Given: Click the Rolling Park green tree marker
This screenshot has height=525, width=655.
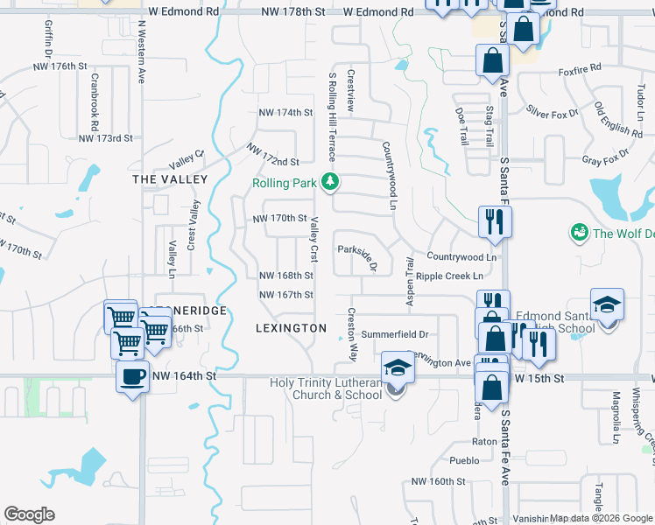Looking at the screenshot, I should pyautogui.click(x=330, y=182).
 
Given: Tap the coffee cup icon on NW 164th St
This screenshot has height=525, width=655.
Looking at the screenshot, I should pyautogui.click(x=133, y=377).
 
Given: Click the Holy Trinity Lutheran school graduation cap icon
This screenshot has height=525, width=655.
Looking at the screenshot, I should pyautogui.click(x=397, y=367).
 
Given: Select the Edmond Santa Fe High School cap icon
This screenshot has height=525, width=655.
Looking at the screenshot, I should pyautogui.click(x=607, y=304).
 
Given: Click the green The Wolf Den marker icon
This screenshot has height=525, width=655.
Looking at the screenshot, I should pyautogui.click(x=579, y=232).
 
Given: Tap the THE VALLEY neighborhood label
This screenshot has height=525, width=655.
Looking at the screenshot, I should pyautogui.click(x=170, y=178).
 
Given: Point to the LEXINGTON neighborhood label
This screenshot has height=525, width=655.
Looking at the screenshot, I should pyautogui.click(x=291, y=328).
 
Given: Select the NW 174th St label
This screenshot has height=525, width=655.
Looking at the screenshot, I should pyautogui.click(x=285, y=113).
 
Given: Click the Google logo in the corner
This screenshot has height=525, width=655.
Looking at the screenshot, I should pyautogui.click(x=29, y=514).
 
